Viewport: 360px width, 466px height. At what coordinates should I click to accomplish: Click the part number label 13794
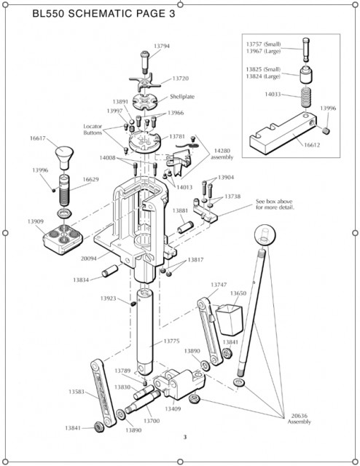pos(162,46)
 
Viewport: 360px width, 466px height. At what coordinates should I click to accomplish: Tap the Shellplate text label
pos(182,97)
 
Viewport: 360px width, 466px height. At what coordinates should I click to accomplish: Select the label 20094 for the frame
pos(89,258)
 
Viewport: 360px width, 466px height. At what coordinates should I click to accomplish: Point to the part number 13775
pos(171,341)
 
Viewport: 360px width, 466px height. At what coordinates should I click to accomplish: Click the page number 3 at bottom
pos(185,437)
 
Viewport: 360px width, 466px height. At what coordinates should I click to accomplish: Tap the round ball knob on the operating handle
pos(265,234)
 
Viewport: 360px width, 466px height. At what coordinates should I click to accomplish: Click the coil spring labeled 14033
pos(306,98)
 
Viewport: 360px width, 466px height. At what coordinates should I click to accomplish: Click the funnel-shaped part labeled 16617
pos(64,157)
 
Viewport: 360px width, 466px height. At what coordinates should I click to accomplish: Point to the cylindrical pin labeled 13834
pos(110,271)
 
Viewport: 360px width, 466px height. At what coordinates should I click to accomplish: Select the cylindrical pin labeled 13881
pos(185,228)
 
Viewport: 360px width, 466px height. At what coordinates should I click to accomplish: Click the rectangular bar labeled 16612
pos(283,133)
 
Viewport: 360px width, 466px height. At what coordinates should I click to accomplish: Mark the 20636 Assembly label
pos(299,419)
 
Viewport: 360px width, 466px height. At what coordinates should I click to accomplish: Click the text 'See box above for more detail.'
pos(275,204)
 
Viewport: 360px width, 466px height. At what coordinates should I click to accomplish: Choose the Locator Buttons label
pos(93,130)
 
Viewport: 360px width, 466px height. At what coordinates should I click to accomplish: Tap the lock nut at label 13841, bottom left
pos(98,427)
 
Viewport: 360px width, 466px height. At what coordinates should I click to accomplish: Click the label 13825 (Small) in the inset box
pos(263,69)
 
